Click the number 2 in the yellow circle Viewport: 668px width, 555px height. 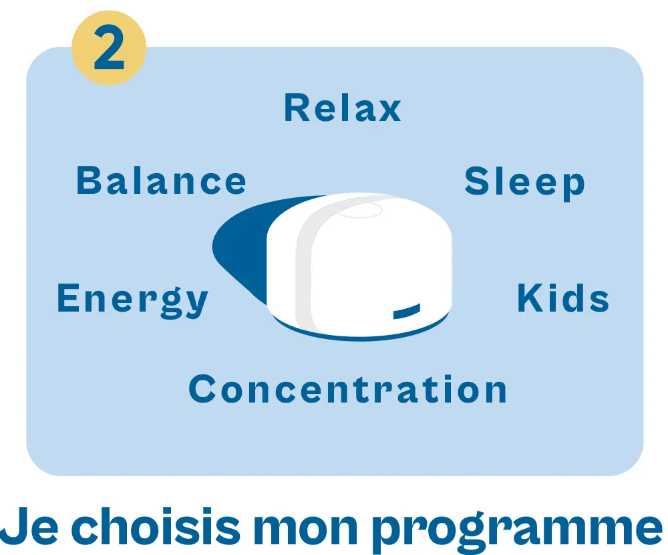coord(109,47)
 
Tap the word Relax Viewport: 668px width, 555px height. coord(343,108)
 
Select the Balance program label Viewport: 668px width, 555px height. coord(161,181)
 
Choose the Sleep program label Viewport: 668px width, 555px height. coord(525,183)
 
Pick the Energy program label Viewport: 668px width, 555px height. coord(132,300)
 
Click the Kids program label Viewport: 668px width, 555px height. coord(563,298)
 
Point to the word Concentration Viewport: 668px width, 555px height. coord(347,388)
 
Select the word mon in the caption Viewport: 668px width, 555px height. coord(306,528)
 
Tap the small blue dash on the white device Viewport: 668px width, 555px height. coord(406,312)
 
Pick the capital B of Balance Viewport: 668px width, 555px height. coord(89,181)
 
